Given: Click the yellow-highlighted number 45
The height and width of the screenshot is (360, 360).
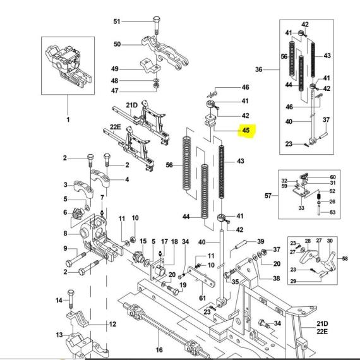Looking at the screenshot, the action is (x=246, y=130).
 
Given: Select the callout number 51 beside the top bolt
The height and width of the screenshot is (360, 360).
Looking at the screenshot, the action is (x=117, y=21).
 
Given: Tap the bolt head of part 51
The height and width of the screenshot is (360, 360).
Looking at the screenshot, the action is (x=157, y=19).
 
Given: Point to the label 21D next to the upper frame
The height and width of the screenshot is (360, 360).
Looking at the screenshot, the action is (x=131, y=105).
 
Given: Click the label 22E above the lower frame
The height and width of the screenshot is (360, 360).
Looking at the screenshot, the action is (x=115, y=127).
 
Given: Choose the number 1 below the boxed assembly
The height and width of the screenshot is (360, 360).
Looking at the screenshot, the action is (x=68, y=119).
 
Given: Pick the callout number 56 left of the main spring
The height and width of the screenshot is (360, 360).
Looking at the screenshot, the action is (x=169, y=165).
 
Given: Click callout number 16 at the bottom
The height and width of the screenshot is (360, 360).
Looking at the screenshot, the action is (x=159, y=350).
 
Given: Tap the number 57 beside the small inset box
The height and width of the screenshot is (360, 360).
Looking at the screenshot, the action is (x=268, y=196).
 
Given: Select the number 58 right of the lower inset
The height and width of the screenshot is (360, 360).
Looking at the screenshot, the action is (x=345, y=259).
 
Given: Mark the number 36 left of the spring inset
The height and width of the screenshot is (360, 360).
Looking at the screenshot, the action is (x=259, y=69).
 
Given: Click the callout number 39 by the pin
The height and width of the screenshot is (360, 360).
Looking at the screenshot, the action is (x=261, y=241).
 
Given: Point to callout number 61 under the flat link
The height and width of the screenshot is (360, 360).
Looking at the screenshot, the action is (x=202, y=298).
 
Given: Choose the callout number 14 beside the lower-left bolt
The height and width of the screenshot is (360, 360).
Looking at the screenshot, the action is (x=59, y=300).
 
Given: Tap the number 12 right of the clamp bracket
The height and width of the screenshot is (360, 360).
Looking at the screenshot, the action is (x=112, y=324).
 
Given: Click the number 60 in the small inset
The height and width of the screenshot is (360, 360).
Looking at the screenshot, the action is (x=333, y=177).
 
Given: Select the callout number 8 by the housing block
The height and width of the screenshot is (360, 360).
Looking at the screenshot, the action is (x=66, y=234).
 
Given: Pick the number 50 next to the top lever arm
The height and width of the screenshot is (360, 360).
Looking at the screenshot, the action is (x=117, y=44).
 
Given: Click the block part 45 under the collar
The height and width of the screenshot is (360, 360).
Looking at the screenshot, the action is (x=210, y=121).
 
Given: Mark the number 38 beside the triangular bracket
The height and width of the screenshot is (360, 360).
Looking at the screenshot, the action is (x=277, y=279).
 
